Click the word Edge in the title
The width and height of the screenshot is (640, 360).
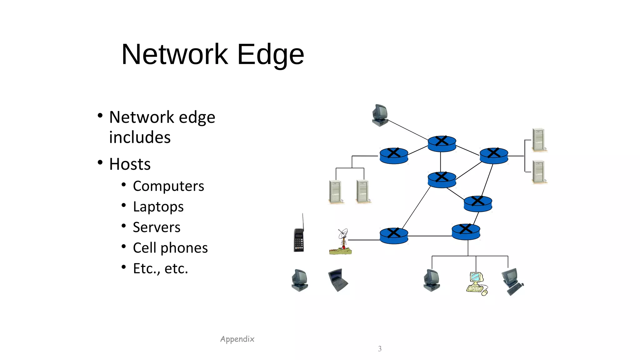[x=270, y=55]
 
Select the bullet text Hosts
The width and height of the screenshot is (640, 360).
[x=130, y=164]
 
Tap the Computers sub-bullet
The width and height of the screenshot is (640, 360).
[x=168, y=186]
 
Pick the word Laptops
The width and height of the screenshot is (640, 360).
[x=158, y=207]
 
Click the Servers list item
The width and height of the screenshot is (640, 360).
[x=156, y=227]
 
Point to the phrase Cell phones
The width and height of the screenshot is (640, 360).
[x=170, y=248]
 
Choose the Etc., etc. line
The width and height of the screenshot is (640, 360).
[x=160, y=268]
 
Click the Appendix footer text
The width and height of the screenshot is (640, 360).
[x=237, y=339]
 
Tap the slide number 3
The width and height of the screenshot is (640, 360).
[x=380, y=349]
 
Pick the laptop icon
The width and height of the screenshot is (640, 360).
[x=338, y=280]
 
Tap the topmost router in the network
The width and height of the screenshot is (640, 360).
[x=442, y=144]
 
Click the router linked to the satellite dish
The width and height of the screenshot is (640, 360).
[x=394, y=236]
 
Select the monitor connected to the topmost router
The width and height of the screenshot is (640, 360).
[x=380, y=115]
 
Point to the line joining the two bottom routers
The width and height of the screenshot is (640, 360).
[x=430, y=236]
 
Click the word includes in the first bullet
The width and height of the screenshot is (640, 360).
[x=140, y=137]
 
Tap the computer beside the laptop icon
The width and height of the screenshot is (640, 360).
[x=300, y=280]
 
